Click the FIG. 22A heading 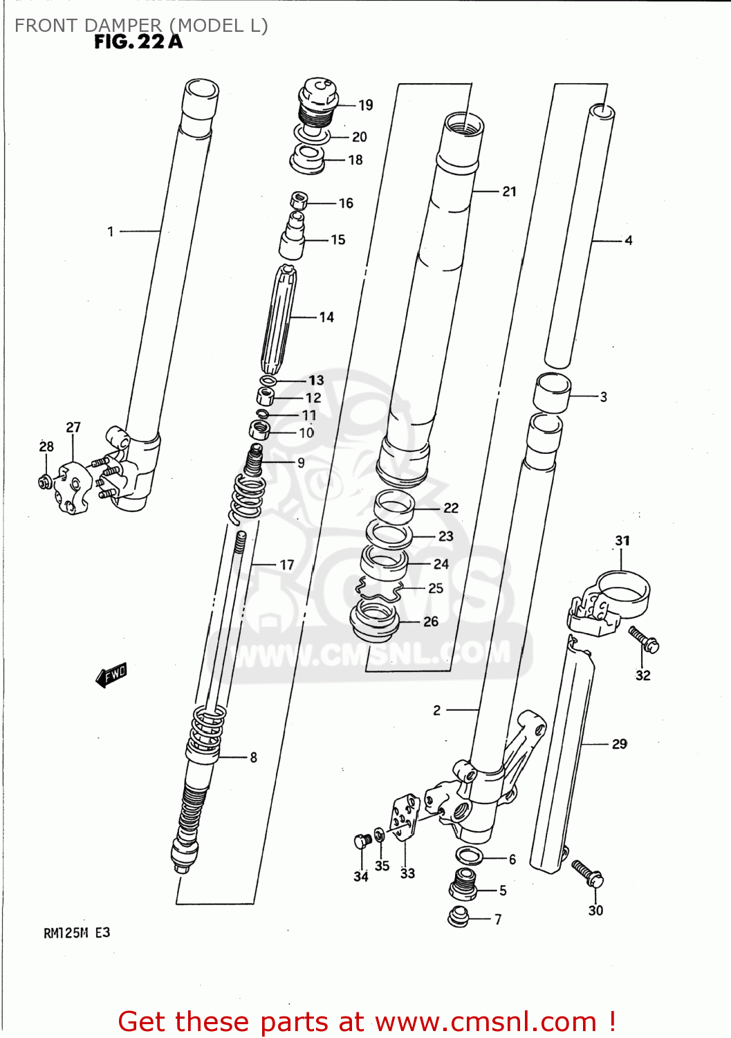pyautogui.click(x=138, y=42)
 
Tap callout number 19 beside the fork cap pyautogui.click(x=366, y=105)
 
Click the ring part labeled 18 pyautogui.click(x=308, y=160)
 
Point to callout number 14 pyautogui.click(x=326, y=317)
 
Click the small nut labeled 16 pyautogui.click(x=299, y=201)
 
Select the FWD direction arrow pyautogui.click(x=111, y=675)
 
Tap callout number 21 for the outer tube pyautogui.click(x=510, y=191)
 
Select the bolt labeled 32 pyautogui.click(x=644, y=640)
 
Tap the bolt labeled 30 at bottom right pyautogui.click(x=588, y=873)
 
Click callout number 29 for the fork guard pyautogui.click(x=620, y=744)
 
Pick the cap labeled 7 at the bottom pyautogui.click(x=459, y=917)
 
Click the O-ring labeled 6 pyautogui.click(x=470, y=856)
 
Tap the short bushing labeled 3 pyautogui.click(x=551, y=392)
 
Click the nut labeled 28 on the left pyautogui.click(x=44, y=480)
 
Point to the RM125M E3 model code pyautogui.click(x=77, y=933)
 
